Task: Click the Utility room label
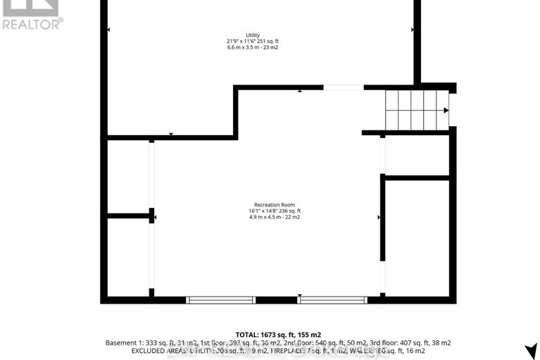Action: click(253, 35)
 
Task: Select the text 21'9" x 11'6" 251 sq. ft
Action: click(253, 42)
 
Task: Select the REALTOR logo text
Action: click(32, 23)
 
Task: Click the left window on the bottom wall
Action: click(220, 299)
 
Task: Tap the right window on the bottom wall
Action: click(332, 299)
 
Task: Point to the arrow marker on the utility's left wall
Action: click(108, 29)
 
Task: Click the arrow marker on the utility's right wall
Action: click(412, 29)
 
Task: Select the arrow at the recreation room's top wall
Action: click(300, 90)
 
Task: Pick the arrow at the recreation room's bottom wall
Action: click(300, 295)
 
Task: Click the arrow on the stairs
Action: click(446, 110)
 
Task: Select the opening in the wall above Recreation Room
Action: click(344, 87)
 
